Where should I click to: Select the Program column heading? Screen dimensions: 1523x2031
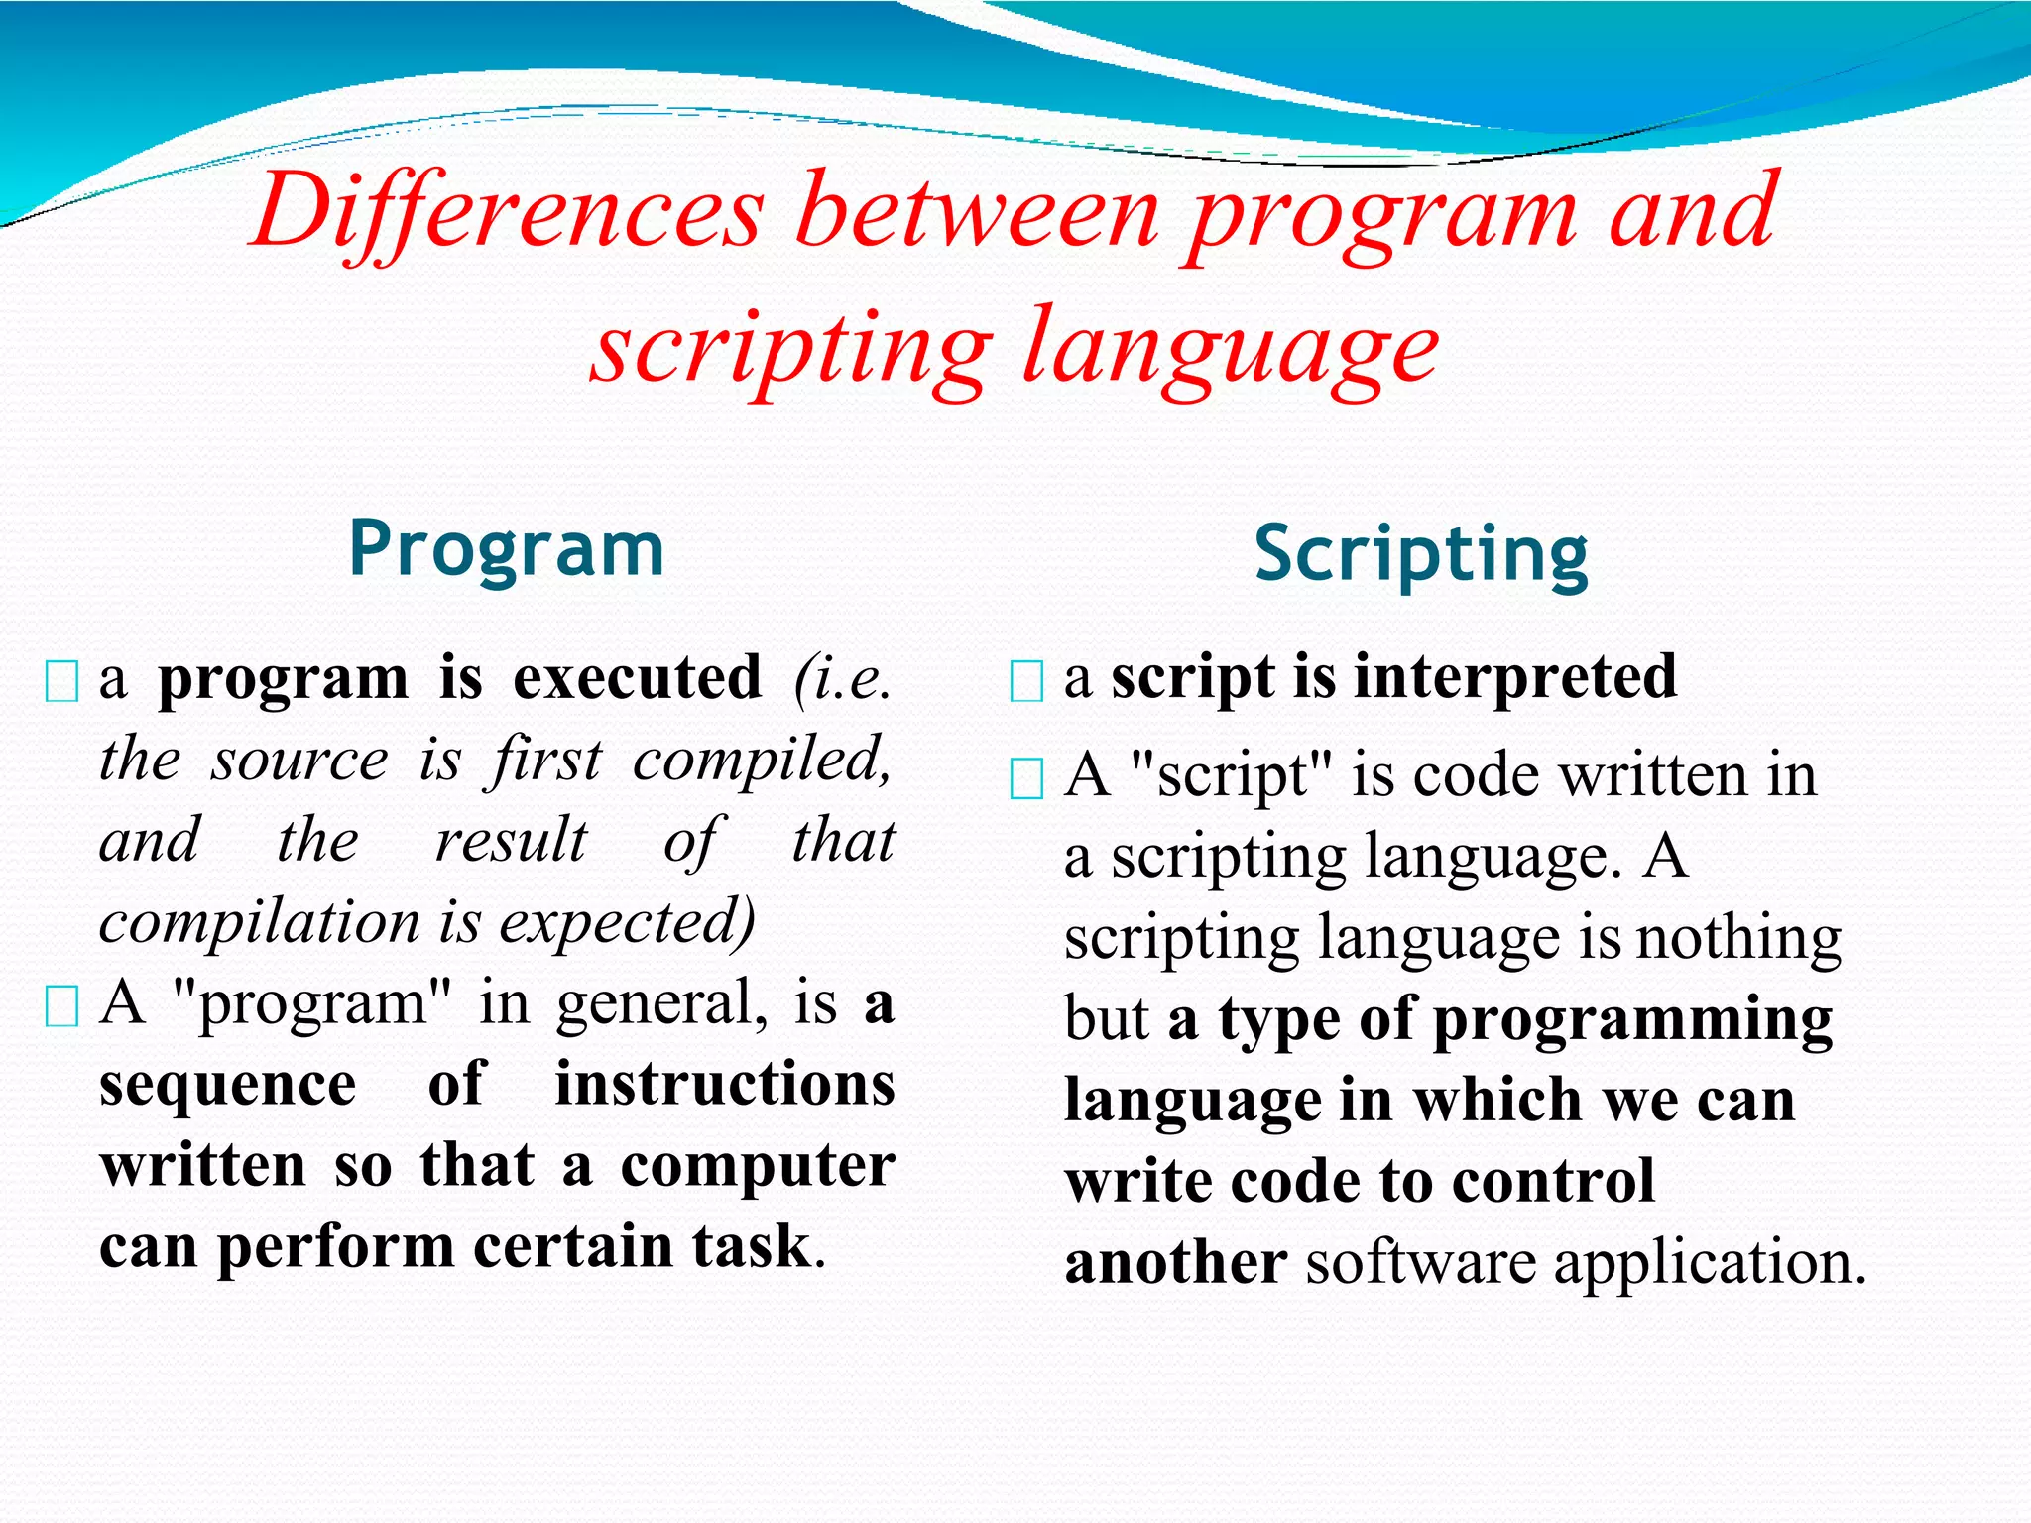click(507, 550)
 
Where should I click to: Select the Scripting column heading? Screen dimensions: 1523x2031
click(1421, 555)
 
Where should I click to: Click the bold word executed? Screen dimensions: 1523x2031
click(638, 679)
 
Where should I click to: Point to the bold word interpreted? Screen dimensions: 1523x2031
click(1515, 677)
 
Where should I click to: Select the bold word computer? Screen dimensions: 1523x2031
click(758, 1167)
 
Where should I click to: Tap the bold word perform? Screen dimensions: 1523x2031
click(335, 1247)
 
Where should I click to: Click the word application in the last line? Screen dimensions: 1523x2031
click(1709, 1264)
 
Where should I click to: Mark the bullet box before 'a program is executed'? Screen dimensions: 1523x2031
click(62, 682)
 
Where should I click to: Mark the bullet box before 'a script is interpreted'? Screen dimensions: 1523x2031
click(1026, 681)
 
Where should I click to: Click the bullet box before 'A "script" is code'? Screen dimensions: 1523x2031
click(1026, 778)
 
